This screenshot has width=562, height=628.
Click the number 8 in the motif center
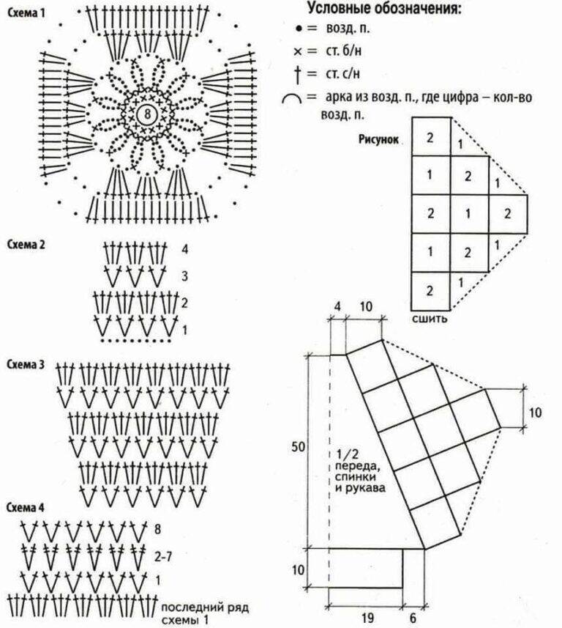pos(148,114)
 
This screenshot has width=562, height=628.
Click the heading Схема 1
pos(26,12)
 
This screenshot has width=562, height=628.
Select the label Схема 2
pos(26,244)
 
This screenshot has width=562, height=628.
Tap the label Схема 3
pos(26,364)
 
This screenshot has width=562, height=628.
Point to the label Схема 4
pos(25,507)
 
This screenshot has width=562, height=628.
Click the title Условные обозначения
pos(384,8)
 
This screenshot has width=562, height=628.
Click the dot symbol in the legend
pos(299,29)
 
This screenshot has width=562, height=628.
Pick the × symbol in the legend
pos(298,51)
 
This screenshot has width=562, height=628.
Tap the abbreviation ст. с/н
pos(342,74)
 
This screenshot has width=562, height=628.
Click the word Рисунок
pos(378,139)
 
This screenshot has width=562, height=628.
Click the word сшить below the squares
pos(430,319)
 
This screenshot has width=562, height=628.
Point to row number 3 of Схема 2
pos(184,276)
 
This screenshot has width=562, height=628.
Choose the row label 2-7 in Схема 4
pos(162,557)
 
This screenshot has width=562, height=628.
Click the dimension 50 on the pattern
pos(298,446)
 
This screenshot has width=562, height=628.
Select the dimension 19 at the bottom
pos(367,618)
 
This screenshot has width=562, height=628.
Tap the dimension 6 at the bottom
pos(413,618)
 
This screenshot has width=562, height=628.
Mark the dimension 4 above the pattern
pos(337,307)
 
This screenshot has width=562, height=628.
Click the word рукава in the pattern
pos(365,488)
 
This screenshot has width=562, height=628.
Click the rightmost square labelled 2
pos(508,213)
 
